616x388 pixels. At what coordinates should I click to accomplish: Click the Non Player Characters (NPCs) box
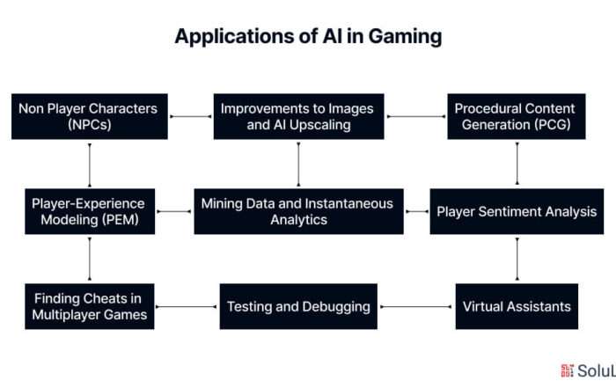tap(90, 116)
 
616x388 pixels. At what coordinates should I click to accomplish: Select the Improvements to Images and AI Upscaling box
tap(298, 116)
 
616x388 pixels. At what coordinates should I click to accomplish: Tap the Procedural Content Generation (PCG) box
tap(517, 116)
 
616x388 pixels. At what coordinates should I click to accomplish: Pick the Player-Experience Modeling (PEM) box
tap(90, 212)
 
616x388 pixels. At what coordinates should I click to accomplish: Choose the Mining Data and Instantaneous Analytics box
tap(298, 212)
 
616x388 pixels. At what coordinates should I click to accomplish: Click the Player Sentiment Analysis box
tap(517, 212)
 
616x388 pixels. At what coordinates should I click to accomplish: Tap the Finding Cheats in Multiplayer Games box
tap(90, 306)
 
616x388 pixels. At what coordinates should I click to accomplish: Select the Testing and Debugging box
tap(298, 306)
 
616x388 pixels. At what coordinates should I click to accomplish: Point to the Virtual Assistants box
tap(517, 306)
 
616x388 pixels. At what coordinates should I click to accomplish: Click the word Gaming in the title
tap(405, 37)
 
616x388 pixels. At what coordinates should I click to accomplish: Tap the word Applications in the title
tap(235, 37)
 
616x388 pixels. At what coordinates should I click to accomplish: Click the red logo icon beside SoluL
tap(567, 370)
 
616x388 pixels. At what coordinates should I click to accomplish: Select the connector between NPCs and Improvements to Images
tap(191, 116)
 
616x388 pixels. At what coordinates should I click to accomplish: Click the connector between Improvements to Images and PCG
tap(416, 116)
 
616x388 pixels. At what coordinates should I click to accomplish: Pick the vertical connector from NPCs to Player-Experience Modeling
tap(90, 165)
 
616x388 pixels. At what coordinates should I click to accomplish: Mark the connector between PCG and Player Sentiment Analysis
tap(517, 164)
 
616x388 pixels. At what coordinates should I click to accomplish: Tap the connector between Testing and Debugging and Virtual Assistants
tap(416, 307)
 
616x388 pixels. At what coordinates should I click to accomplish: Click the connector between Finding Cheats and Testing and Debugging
tap(187, 307)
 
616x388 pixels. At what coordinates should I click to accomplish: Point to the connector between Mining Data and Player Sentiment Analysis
tap(417, 212)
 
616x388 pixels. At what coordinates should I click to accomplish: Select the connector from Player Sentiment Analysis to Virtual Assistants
tap(517, 259)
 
